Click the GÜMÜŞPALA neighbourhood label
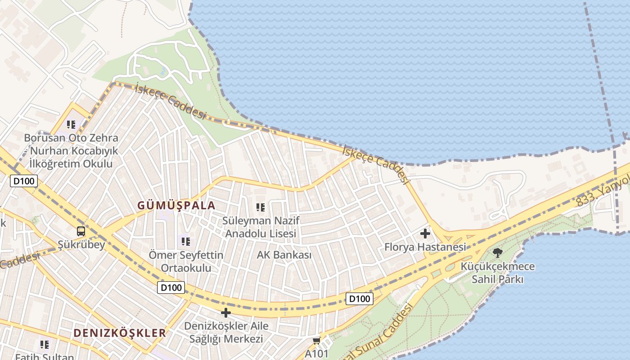(x=176, y=206)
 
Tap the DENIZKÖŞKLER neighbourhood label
(x=120, y=333)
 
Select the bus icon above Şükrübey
(x=81, y=231)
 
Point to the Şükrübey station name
(x=81, y=245)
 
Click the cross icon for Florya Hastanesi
(x=425, y=234)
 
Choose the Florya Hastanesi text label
(x=425, y=247)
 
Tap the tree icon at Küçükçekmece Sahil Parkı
(x=497, y=252)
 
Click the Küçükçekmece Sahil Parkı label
(x=497, y=273)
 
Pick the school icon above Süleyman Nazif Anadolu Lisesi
(x=261, y=207)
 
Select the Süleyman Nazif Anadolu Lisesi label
(x=261, y=227)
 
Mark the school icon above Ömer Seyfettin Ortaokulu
(x=186, y=242)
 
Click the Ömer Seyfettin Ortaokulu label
(x=186, y=261)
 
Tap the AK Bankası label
(x=284, y=255)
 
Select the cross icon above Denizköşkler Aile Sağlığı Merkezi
(x=226, y=313)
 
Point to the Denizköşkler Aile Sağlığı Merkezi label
(x=226, y=332)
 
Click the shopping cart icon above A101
(x=317, y=341)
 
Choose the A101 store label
(x=317, y=353)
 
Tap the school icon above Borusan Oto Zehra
(x=71, y=124)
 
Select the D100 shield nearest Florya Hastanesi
(x=360, y=298)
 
